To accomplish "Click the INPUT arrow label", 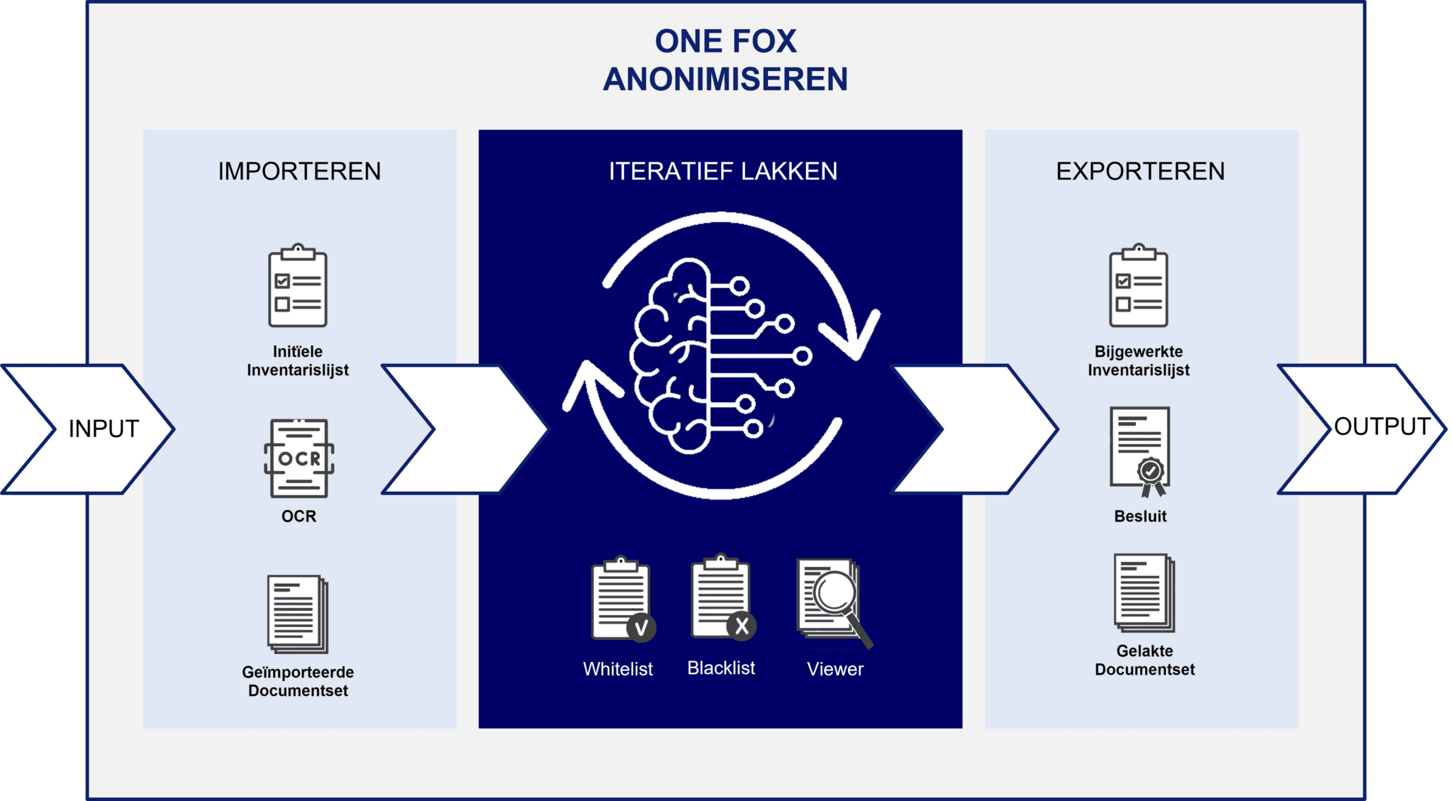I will click(x=104, y=429).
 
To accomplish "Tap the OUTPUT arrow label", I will click(x=1382, y=426).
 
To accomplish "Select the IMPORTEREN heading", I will click(x=299, y=171).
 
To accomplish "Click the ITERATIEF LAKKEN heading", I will click(x=723, y=171).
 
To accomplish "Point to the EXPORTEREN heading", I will click(x=1140, y=171).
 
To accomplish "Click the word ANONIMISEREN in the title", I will click(x=725, y=79).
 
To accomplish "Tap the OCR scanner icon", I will click(x=298, y=458).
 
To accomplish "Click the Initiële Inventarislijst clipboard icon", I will click(x=298, y=286).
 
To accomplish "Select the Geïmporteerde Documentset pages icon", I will click(x=298, y=614).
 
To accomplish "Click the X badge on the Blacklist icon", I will click(x=742, y=626).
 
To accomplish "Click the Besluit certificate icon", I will click(x=1140, y=451).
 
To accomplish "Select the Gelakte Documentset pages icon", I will click(x=1144, y=592).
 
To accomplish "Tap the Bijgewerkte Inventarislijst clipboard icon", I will click(x=1139, y=286).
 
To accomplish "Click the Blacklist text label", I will click(x=721, y=668).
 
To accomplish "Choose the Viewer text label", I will click(x=835, y=669).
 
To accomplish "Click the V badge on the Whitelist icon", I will click(x=641, y=628).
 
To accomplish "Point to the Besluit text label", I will click(x=1140, y=516).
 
